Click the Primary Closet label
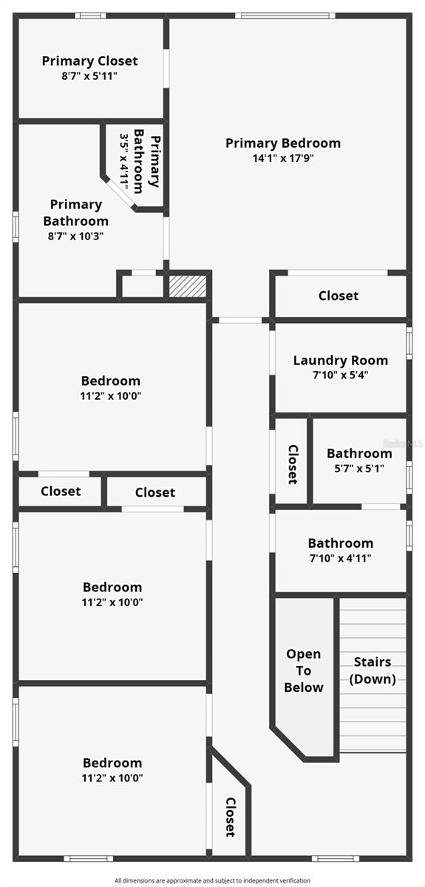pyautogui.click(x=89, y=61)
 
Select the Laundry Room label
pyautogui.click(x=340, y=361)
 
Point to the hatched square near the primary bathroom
pyautogui.click(x=188, y=286)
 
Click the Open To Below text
pyautogui.click(x=304, y=670)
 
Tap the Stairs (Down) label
pyautogui.click(x=373, y=670)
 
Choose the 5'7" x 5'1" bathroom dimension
pyautogui.click(x=359, y=468)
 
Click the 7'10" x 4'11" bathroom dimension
pyautogui.click(x=340, y=558)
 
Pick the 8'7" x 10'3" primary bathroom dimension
pyautogui.click(x=75, y=237)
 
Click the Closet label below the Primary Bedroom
pyautogui.click(x=339, y=296)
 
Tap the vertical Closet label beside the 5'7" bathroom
pyautogui.click(x=292, y=464)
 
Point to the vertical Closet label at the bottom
pyautogui.click(x=230, y=817)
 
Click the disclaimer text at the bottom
pyautogui.click(x=212, y=880)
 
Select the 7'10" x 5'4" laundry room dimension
pyautogui.click(x=340, y=375)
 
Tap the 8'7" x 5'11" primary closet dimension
pyautogui.click(x=89, y=75)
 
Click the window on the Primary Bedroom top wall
pyautogui.click(x=285, y=16)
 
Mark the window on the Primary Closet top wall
pyautogui.click(x=90, y=16)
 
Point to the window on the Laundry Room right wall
pyautogui.click(x=409, y=344)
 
